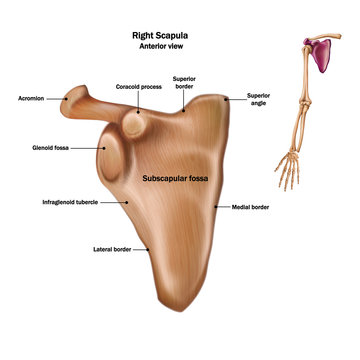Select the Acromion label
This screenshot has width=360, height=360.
(32, 98)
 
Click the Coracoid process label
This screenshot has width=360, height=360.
(139, 87)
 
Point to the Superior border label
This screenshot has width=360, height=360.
(184, 82)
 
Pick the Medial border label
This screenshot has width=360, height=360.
(252, 206)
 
